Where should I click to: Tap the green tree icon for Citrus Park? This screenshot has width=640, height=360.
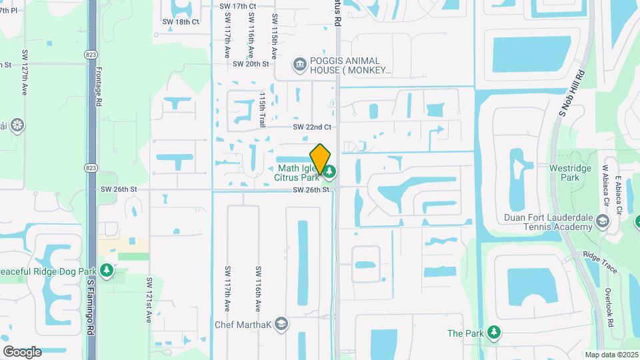click(330, 172)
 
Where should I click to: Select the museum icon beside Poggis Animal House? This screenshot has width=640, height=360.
click(299, 64)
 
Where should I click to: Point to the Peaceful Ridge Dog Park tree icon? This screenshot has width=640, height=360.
click(106, 271)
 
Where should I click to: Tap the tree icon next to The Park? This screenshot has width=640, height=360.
click(493, 332)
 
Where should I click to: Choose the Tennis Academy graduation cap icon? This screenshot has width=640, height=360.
click(603, 221)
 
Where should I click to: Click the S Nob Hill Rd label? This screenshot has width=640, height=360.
click(571, 93)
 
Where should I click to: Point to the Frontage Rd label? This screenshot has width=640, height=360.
click(98, 90)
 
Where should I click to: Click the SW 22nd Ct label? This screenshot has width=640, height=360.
click(312, 127)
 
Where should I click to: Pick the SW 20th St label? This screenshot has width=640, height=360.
click(251, 64)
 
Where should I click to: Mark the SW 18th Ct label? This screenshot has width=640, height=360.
click(181, 22)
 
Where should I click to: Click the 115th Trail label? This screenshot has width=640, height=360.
click(263, 109)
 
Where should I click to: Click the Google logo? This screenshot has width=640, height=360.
click(22, 352)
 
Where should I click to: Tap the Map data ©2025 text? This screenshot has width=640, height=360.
click(611, 355)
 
